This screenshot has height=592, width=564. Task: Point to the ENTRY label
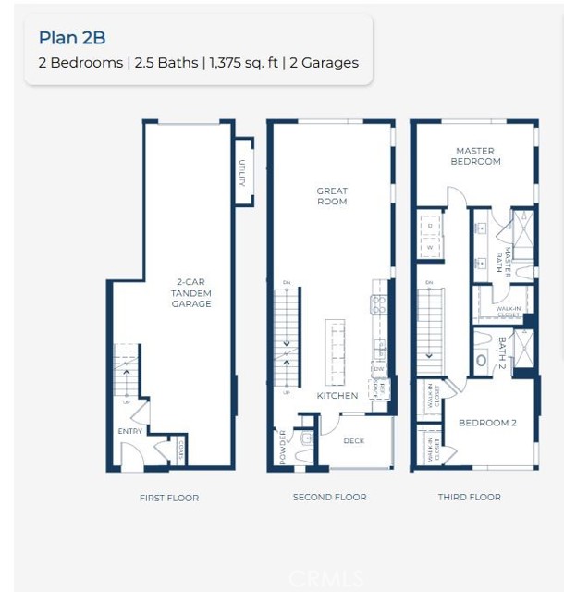point(129,432)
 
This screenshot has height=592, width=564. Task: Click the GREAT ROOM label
point(331,196)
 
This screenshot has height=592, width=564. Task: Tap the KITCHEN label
point(337,396)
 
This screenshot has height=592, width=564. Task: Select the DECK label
point(353,441)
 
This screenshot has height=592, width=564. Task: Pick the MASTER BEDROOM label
point(475,155)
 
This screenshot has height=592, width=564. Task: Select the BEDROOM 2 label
point(487,423)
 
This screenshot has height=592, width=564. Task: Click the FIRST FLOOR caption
point(169,498)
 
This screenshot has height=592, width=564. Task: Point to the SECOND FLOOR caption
point(329,498)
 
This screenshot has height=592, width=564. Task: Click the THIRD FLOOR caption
point(469,498)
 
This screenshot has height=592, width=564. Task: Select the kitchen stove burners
point(378,304)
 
